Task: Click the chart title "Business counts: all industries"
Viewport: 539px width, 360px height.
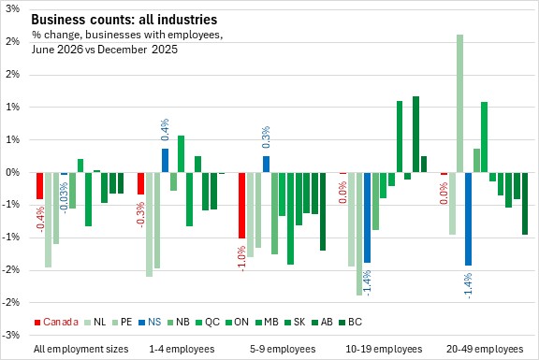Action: (124, 20)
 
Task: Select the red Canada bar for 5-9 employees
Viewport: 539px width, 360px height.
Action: (242, 206)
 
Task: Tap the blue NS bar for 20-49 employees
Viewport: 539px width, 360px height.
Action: (468, 219)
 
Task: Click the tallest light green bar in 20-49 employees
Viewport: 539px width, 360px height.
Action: (459, 104)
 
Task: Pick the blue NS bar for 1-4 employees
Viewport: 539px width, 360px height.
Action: (165, 161)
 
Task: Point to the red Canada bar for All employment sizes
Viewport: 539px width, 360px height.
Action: (40, 186)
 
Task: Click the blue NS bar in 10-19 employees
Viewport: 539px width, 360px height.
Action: (367, 218)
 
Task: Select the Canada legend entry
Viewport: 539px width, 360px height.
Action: (56, 322)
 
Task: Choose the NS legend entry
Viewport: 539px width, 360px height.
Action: (150, 322)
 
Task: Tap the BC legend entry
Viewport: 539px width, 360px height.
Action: (350, 322)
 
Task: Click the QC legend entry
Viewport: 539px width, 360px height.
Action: (208, 322)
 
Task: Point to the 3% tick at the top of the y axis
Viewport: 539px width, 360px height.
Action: (13, 8)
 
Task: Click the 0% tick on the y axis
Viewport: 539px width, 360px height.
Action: (13, 172)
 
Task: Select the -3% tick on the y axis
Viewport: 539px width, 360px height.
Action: (11, 335)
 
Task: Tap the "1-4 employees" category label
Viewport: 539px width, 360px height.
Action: (182, 349)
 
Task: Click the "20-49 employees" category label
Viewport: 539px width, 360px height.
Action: (485, 349)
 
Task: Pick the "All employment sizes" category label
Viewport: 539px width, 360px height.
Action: (81, 349)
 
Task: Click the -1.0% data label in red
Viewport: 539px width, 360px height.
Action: (241, 258)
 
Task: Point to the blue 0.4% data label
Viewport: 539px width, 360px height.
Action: (165, 129)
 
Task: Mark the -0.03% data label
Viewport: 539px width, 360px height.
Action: (64, 198)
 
